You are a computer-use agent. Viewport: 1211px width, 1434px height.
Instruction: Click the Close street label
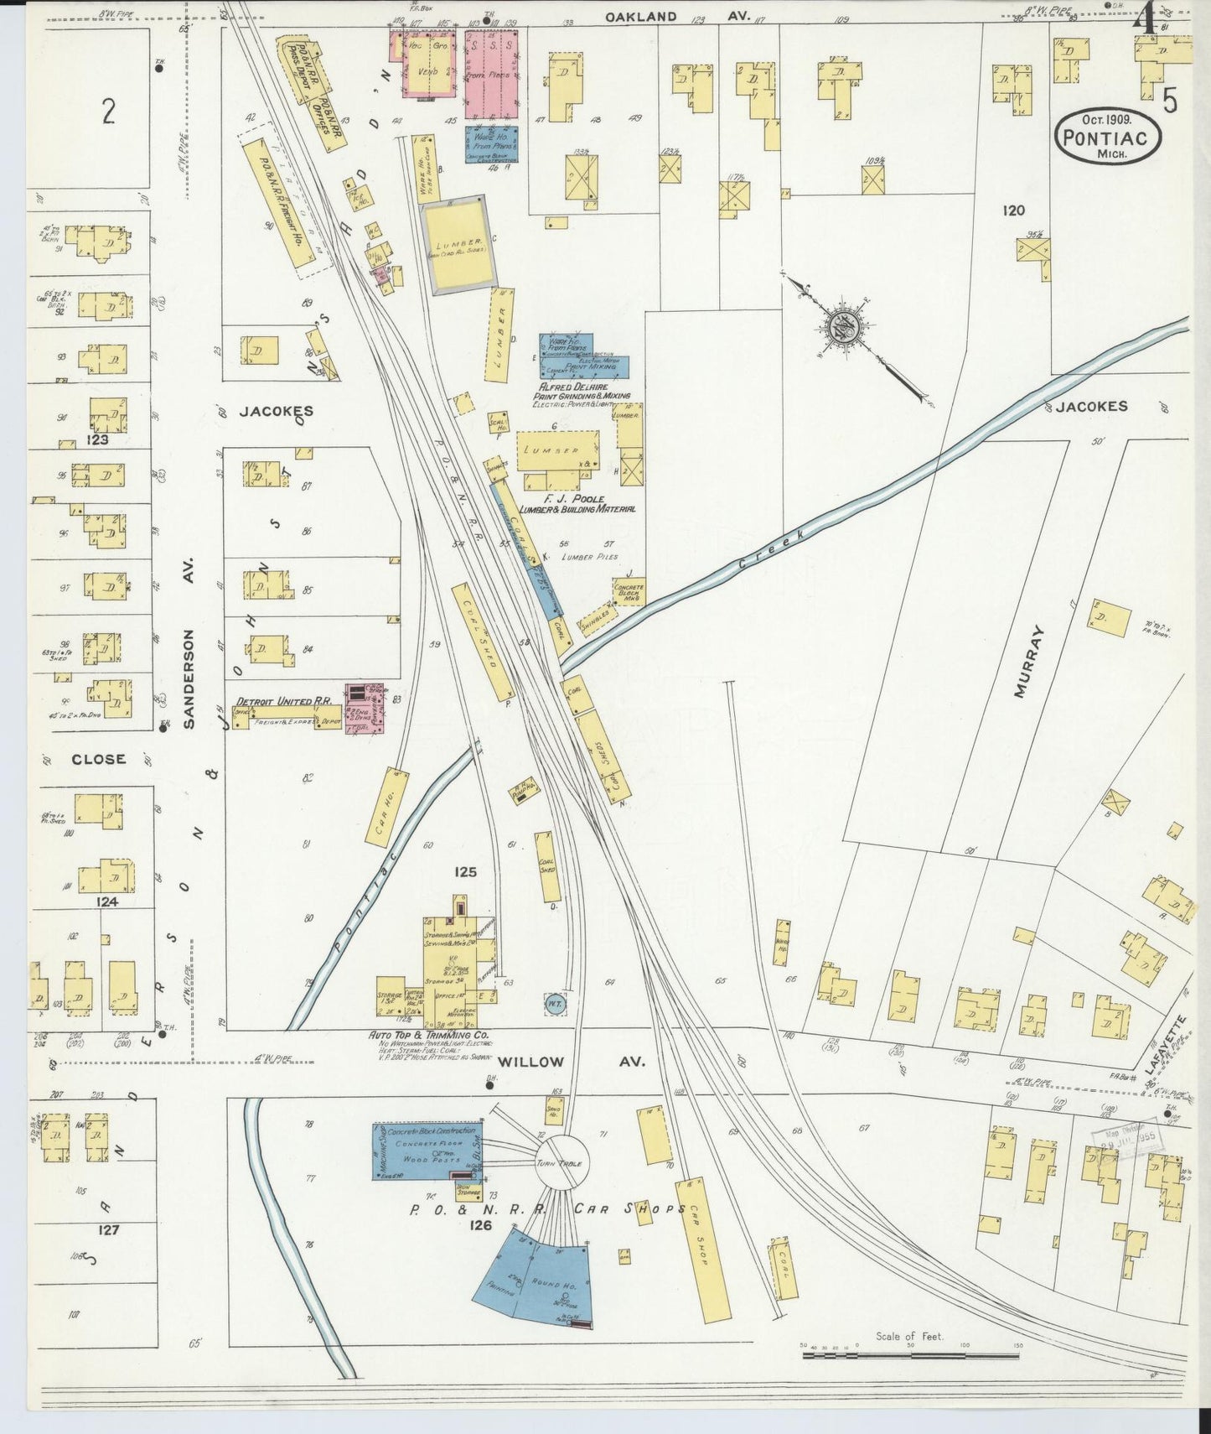pyautogui.click(x=98, y=759)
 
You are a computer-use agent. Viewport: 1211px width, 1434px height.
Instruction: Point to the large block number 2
pyautogui.click(x=107, y=112)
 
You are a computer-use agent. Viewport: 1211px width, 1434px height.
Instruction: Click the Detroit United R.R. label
pyautogui.click(x=274, y=700)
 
